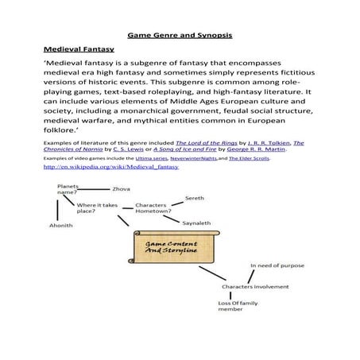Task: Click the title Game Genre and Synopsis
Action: click(x=179, y=36)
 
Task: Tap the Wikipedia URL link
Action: click(x=111, y=168)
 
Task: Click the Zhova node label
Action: click(x=121, y=189)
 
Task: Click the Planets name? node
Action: click(x=68, y=189)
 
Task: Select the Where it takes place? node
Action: click(x=97, y=208)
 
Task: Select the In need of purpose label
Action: click(x=276, y=265)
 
